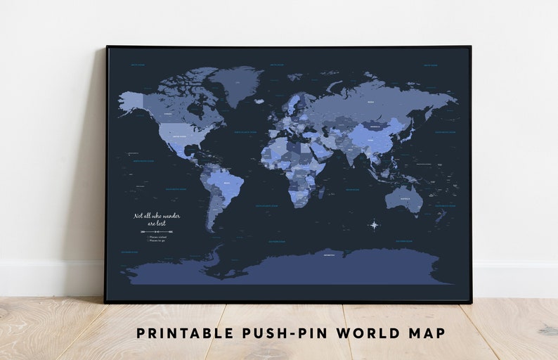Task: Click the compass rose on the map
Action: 374,225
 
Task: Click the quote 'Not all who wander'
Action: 157,216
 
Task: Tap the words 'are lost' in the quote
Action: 157,223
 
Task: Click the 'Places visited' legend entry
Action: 158,237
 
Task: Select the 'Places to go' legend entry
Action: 158,241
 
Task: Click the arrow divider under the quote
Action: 157,231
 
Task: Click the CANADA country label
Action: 168,113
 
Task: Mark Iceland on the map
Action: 259,103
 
